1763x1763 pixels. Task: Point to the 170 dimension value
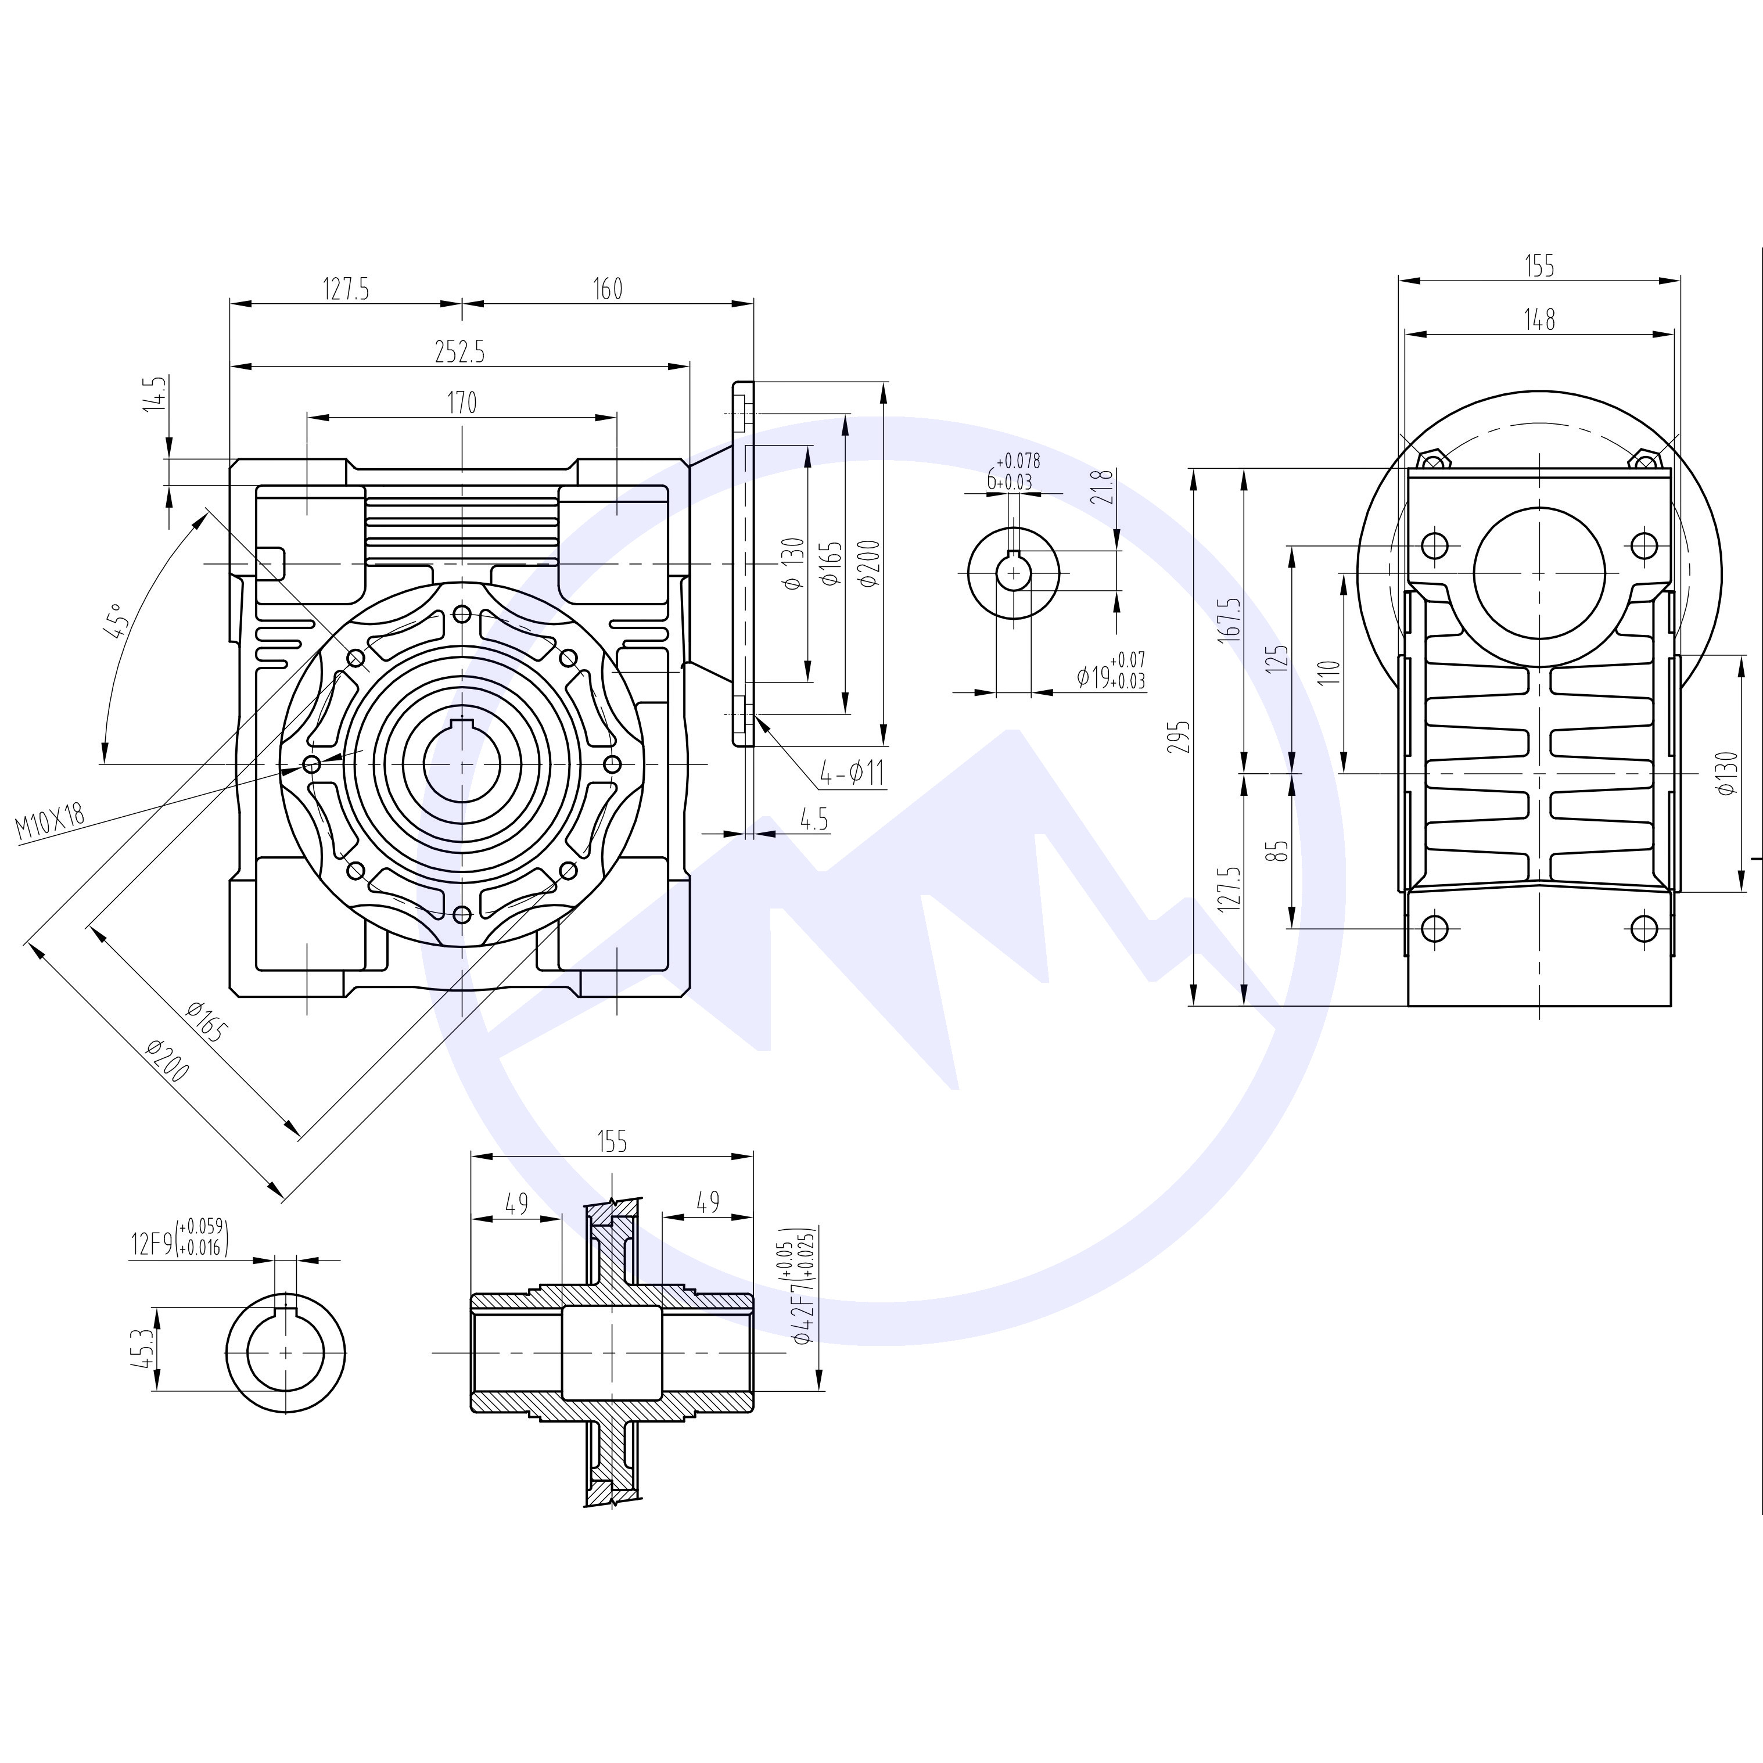point(462,403)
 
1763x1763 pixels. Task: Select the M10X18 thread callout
point(51,820)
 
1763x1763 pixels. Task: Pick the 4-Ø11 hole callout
point(852,774)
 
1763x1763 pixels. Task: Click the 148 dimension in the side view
point(1539,319)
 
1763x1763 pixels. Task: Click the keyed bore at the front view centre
point(462,763)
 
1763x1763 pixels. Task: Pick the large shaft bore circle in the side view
point(1539,573)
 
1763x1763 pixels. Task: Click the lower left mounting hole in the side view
point(1434,929)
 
